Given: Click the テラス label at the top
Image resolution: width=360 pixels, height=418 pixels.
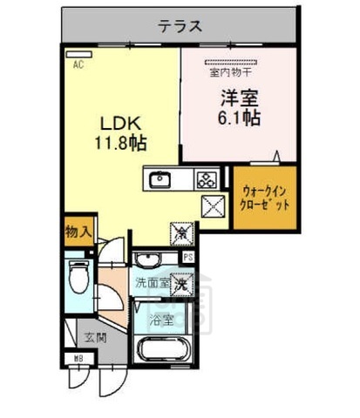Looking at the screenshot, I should [180, 26].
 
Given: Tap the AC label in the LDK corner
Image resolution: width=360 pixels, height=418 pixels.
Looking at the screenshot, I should [78, 65].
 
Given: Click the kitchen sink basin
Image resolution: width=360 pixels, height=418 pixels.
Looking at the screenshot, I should [160, 180].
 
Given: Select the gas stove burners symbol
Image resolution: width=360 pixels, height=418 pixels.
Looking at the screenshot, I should [207, 181].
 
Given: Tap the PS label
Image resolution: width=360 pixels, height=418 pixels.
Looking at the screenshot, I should [187, 257].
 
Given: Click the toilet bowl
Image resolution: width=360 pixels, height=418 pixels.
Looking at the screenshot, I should [77, 279].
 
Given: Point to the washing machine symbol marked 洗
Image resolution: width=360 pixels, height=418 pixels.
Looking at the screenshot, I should [181, 283].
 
